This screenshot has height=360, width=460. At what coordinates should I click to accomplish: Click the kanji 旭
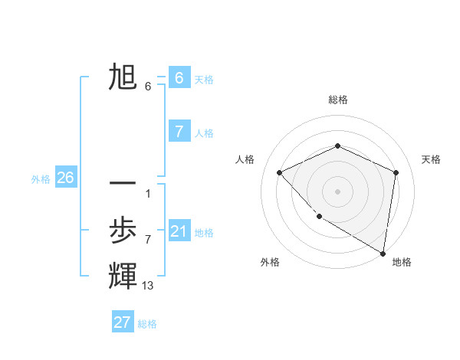point(123,78)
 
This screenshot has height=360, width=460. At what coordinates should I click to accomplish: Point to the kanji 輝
point(123,276)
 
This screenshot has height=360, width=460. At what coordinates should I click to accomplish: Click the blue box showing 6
point(179,78)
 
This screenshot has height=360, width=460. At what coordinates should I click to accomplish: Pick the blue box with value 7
point(179,132)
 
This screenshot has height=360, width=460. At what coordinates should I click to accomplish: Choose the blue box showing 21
point(179,231)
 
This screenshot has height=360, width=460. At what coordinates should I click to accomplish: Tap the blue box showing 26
point(65,178)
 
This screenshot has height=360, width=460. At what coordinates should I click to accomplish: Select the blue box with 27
point(123,322)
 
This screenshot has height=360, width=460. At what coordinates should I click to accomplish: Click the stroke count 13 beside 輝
point(148,286)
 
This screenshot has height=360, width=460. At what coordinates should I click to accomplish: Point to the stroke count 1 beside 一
point(148,193)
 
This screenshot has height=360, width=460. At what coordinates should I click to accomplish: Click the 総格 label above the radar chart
point(338,100)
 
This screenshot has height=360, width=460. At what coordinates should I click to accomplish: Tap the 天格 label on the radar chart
point(431,159)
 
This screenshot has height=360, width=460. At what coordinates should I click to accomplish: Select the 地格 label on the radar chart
point(402,262)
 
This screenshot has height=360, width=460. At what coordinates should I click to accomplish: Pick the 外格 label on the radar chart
point(270,262)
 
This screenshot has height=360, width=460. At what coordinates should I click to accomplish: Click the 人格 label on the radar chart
point(245,159)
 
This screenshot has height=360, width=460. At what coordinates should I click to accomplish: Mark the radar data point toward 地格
point(383,253)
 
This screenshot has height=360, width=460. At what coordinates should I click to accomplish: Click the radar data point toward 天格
point(396,172)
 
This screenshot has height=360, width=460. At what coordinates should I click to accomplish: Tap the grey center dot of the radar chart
point(337,191)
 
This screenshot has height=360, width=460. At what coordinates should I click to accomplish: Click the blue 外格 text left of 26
point(41,179)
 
